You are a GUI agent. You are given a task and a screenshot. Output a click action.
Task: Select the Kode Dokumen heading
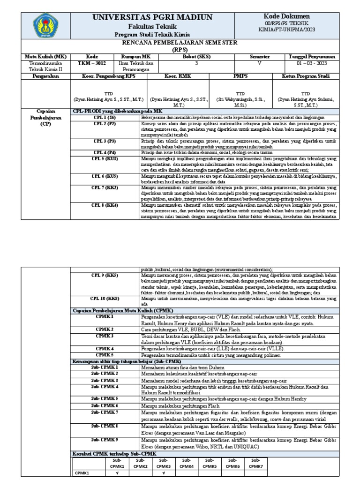[x=287, y=16]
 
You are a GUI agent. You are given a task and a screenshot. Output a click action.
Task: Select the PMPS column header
[x=240, y=76]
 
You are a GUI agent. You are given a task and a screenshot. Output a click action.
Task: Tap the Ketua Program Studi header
[x=306, y=76]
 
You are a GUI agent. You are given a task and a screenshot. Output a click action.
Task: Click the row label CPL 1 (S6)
[x=104, y=116]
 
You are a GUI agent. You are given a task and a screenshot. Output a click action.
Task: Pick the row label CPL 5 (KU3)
[x=104, y=159]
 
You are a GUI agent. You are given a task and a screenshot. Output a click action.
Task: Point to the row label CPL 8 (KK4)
[x=104, y=205]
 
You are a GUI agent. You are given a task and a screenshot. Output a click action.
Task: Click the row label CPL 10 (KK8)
[x=105, y=298]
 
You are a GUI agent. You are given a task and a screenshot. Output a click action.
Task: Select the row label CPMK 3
[x=105, y=336]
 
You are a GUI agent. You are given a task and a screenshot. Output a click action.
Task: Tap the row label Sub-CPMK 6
[x=105, y=405]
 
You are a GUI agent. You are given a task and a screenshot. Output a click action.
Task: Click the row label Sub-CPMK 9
[x=105, y=440]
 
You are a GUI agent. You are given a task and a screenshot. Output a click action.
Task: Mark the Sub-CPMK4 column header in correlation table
[x=187, y=463]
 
